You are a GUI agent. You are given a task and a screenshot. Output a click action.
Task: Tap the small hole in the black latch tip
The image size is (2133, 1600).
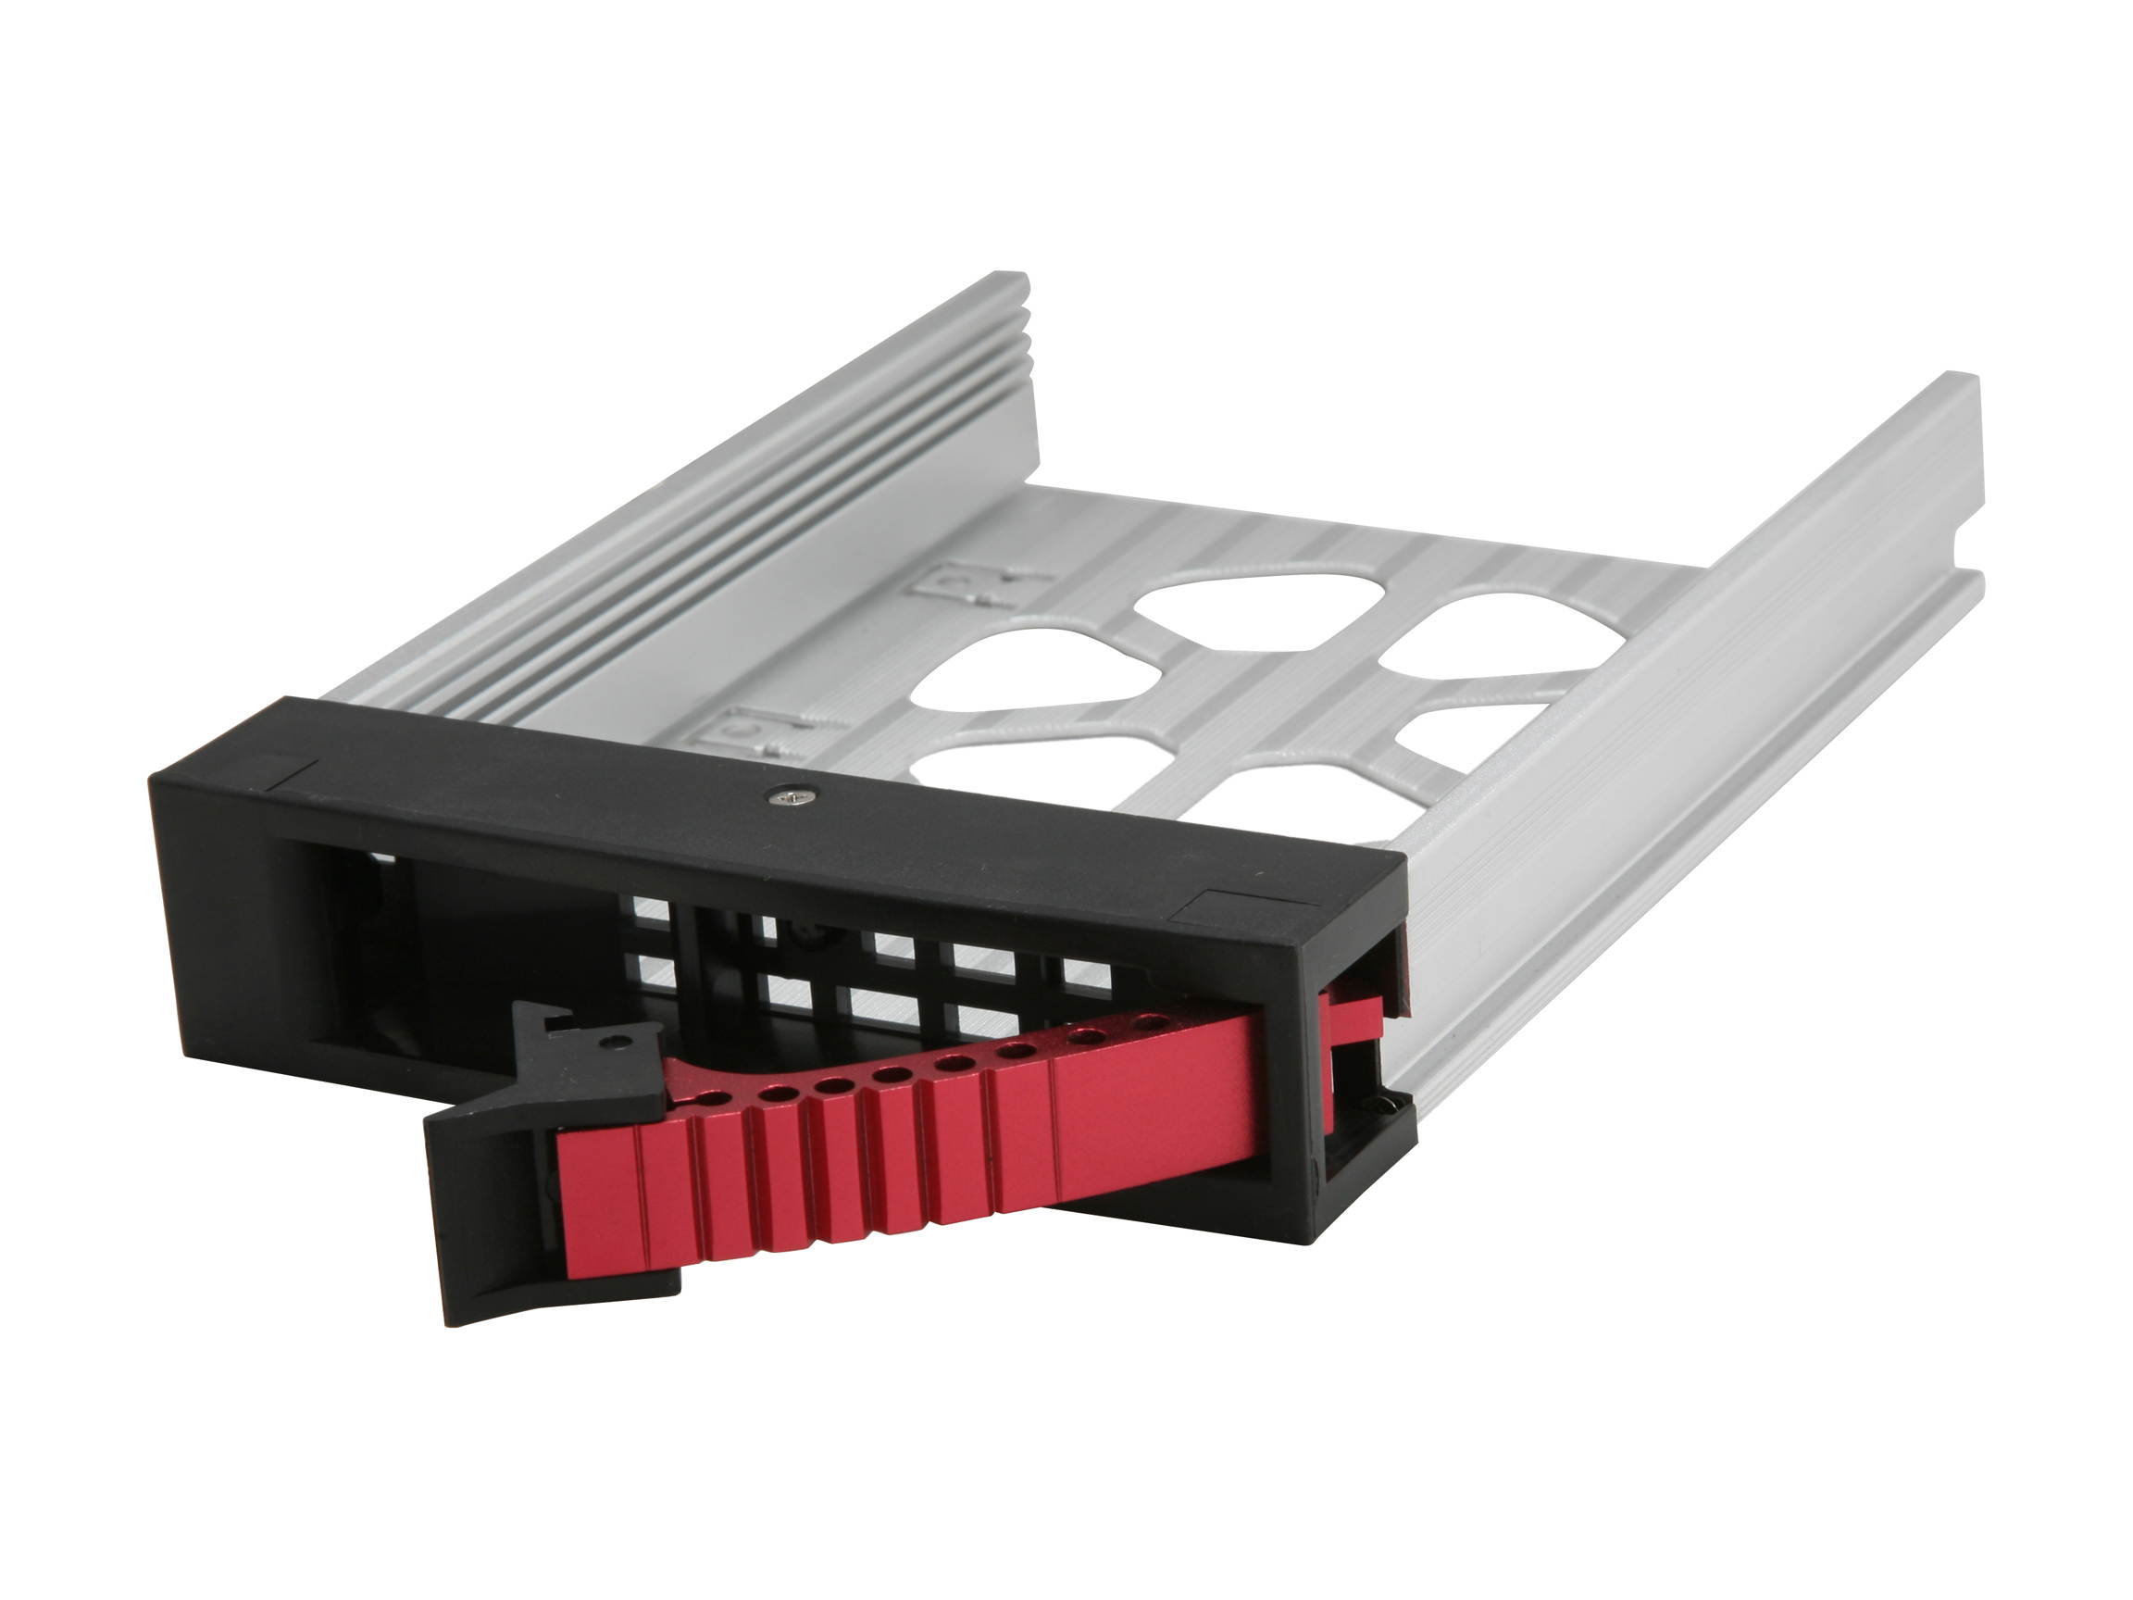tap(618, 1042)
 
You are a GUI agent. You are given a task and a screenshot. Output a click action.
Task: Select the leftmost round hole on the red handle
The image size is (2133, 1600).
tap(713, 1098)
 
